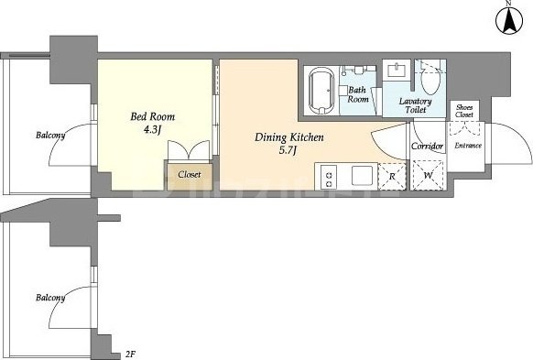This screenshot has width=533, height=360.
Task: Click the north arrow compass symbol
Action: [x=509, y=20]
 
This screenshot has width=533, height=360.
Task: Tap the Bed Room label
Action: [x=153, y=116]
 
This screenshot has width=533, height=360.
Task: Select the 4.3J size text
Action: [x=152, y=130]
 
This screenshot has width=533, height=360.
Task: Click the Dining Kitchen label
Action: [x=289, y=137]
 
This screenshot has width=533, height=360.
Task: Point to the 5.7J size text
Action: [x=288, y=150]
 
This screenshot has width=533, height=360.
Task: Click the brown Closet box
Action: [x=190, y=177]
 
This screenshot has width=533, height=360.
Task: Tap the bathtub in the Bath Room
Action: [x=321, y=90]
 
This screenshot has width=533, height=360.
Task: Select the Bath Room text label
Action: [x=358, y=94]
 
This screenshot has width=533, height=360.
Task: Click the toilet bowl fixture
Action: [x=430, y=80]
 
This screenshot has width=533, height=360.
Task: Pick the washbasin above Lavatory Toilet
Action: [x=397, y=70]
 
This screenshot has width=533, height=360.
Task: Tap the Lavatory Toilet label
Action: [x=416, y=105]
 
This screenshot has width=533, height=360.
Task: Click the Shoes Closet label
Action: [x=464, y=111]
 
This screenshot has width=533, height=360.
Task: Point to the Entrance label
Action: [x=468, y=146]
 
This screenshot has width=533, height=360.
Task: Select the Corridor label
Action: [x=428, y=147]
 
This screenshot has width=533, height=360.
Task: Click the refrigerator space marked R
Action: [x=392, y=177]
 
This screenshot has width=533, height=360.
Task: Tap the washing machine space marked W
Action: [x=428, y=175]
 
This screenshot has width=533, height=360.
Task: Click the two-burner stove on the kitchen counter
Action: [x=329, y=177]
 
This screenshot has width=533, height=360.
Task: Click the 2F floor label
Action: [x=131, y=355]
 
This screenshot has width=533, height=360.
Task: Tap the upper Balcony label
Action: [x=50, y=135]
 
